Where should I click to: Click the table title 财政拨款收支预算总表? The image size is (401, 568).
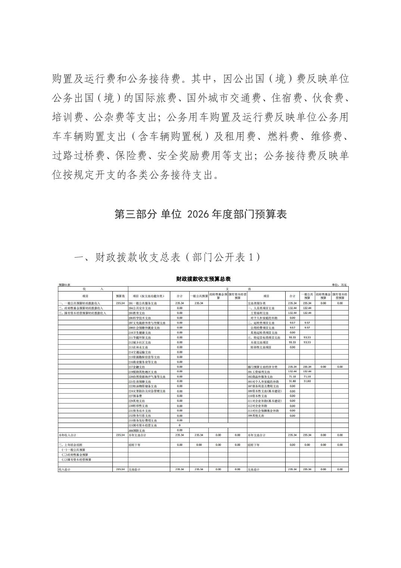(203, 279)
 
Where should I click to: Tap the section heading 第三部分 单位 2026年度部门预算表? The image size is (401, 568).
(200, 214)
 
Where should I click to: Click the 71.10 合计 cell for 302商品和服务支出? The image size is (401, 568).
(292, 376)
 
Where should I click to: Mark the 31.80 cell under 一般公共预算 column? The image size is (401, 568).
(307, 381)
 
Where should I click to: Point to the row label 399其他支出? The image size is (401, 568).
(258, 416)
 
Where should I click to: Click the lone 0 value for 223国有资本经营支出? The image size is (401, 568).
(179, 425)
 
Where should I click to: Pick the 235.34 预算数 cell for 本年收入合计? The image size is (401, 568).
(120, 435)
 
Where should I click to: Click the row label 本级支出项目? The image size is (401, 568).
(259, 342)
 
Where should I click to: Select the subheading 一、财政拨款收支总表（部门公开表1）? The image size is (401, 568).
(167, 257)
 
